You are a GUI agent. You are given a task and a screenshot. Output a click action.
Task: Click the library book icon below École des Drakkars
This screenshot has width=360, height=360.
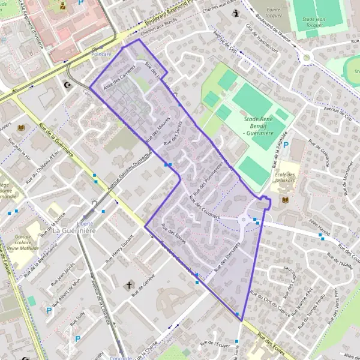[x=284, y=200]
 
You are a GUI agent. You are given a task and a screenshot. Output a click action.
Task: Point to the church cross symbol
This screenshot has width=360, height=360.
[x=128, y=286]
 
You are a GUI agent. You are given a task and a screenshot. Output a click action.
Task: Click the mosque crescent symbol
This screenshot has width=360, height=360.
[x=67, y=85]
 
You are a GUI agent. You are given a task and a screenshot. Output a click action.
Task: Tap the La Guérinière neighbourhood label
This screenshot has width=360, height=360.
[x=74, y=230]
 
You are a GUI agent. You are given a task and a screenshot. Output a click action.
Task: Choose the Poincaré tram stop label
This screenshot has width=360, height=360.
[x=102, y=54]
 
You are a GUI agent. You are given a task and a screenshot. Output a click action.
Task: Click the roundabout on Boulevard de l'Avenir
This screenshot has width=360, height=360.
[x=307, y=58]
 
